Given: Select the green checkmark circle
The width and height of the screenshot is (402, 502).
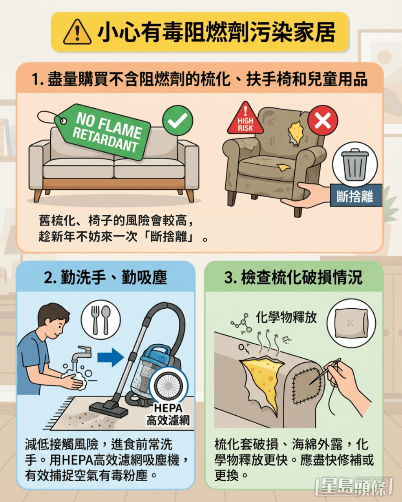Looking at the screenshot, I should [177, 120].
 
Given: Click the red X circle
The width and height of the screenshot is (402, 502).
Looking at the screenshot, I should [322, 120].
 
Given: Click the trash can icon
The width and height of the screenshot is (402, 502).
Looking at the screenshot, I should [354, 164].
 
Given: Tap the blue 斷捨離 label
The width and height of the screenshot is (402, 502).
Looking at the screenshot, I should [355, 195].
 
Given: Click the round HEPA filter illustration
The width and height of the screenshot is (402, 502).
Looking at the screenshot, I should [170, 387].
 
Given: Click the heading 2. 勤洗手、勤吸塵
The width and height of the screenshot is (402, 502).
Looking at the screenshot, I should [106, 277].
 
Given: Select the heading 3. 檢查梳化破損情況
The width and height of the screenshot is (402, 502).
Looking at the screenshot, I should [293, 277].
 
